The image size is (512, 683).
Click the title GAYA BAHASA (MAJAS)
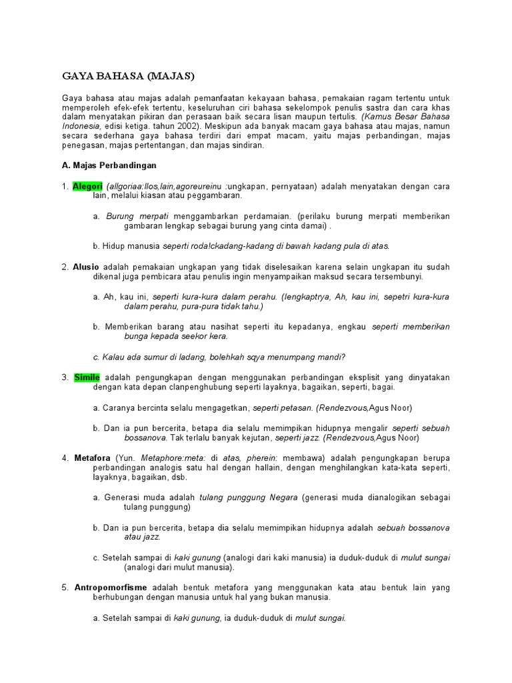point(127,76)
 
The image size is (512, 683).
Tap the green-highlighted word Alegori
point(87,187)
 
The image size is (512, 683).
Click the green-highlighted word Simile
point(87,378)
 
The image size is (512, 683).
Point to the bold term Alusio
point(86,267)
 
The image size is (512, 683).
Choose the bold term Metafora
point(91,458)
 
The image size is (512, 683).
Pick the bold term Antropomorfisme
point(111,588)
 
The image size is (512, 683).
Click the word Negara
point(283,498)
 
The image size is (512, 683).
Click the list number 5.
point(65,588)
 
